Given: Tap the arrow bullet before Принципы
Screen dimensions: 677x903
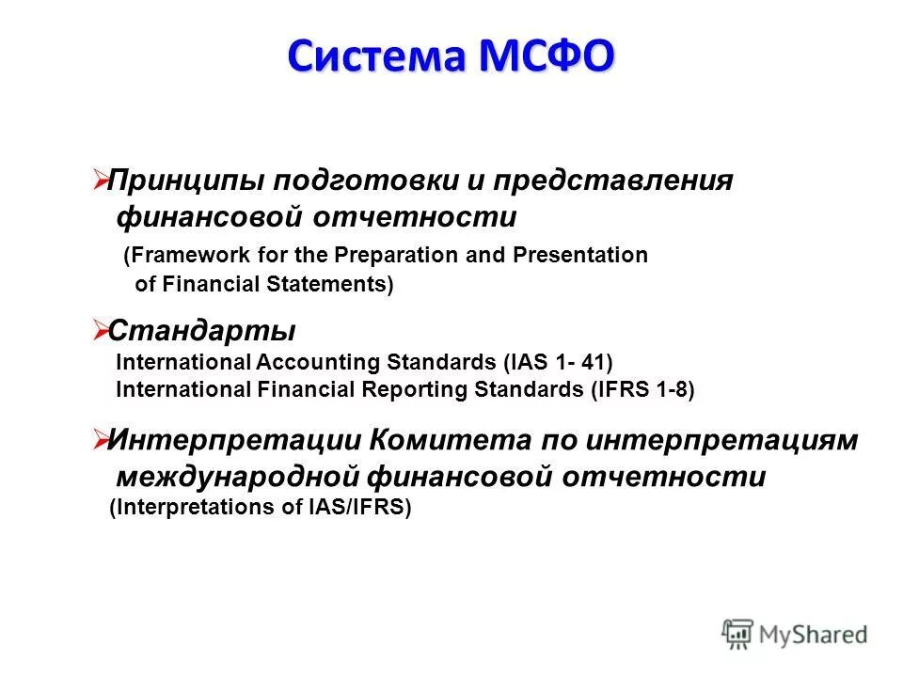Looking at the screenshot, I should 101,179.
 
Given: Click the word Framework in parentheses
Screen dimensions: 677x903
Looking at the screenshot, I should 184,256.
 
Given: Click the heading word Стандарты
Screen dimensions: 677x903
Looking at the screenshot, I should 202,331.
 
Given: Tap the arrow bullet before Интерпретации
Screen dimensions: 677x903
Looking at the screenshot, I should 101,437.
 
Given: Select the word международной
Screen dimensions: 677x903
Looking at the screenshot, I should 238,477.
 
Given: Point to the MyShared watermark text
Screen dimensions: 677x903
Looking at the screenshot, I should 814,636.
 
